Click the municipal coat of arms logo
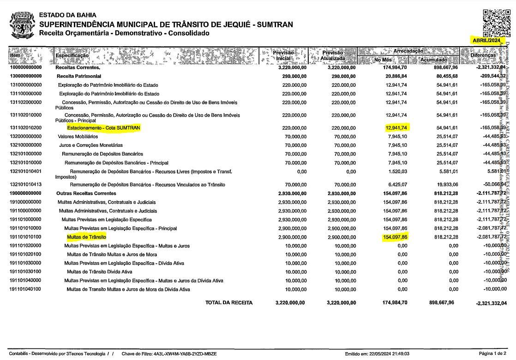point(22,25)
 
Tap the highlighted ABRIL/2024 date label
point(486,41)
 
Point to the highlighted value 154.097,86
point(395,237)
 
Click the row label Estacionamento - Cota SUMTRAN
point(103,128)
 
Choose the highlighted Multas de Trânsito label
point(86,237)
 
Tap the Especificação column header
point(72,55)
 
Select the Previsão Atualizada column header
point(332,55)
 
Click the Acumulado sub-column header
point(433,60)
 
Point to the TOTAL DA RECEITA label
point(229,303)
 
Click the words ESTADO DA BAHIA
point(68,15)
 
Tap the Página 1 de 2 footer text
point(492,354)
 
